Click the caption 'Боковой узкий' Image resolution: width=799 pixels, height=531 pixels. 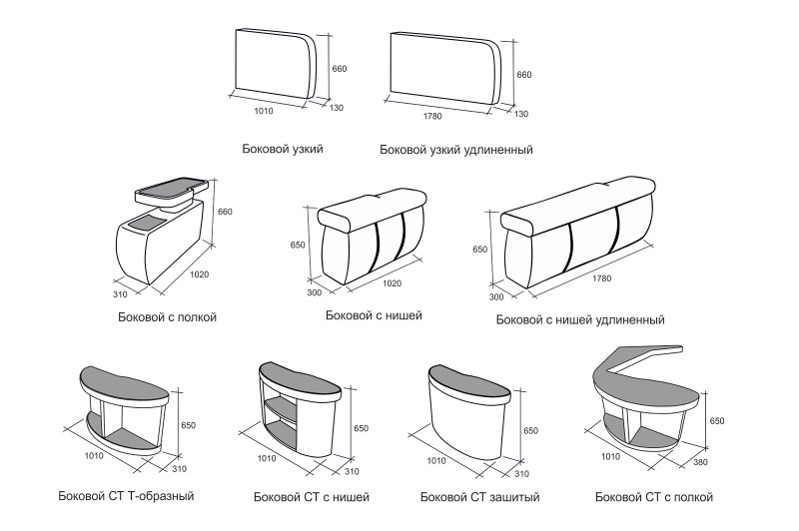(283, 149)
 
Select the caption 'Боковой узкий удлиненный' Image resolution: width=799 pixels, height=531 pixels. (456, 150)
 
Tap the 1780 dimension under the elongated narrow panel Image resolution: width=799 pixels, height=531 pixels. (432, 117)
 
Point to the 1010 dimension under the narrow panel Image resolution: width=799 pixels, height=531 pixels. (264, 111)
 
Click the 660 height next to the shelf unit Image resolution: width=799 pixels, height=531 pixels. (225, 212)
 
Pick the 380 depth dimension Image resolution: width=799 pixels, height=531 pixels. (700, 462)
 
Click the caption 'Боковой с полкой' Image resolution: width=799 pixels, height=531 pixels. (167, 317)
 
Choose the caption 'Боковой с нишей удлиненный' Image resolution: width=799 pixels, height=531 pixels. (580, 320)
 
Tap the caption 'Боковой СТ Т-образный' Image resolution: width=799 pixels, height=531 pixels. (127, 496)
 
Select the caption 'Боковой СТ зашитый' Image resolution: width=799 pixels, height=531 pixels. (480, 497)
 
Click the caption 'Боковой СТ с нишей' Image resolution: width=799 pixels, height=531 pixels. (312, 497)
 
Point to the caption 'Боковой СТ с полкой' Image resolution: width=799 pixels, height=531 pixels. (654, 497)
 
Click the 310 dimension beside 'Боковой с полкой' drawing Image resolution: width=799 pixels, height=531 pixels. (120, 294)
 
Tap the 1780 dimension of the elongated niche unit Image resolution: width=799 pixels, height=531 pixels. (602, 278)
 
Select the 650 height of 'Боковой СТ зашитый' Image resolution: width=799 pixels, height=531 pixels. (530, 431)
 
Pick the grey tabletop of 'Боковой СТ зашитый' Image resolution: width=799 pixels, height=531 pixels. (468, 383)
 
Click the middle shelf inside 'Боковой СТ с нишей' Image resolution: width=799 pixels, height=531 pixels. (281, 409)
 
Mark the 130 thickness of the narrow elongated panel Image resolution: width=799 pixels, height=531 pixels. (520, 114)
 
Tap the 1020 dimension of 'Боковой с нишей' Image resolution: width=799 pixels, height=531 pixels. (392, 283)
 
